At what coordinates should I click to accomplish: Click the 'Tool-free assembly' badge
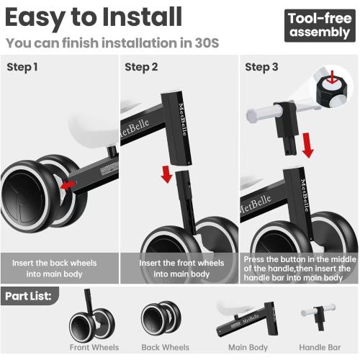click(320, 25)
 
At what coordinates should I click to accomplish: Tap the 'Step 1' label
click(22, 67)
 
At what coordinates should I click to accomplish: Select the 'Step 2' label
click(141, 67)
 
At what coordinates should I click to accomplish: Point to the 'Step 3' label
click(261, 67)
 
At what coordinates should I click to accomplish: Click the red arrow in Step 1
click(68, 185)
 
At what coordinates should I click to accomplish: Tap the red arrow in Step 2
click(166, 174)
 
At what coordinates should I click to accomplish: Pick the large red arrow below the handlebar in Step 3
click(307, 145)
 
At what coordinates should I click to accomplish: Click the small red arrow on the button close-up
click(333, 77)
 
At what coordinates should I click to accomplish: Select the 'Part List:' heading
click(28, 296)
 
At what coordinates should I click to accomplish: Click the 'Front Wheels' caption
click(94, 347)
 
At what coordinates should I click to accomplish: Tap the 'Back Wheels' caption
click(165, 347)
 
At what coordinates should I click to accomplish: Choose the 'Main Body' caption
click(248, 347)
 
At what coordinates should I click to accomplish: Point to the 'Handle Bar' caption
click(320, 347)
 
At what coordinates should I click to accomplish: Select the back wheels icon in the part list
click(161, 318)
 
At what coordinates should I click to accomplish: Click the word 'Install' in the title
click(142, 17)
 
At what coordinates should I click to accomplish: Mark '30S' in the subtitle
click(207, 43)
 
